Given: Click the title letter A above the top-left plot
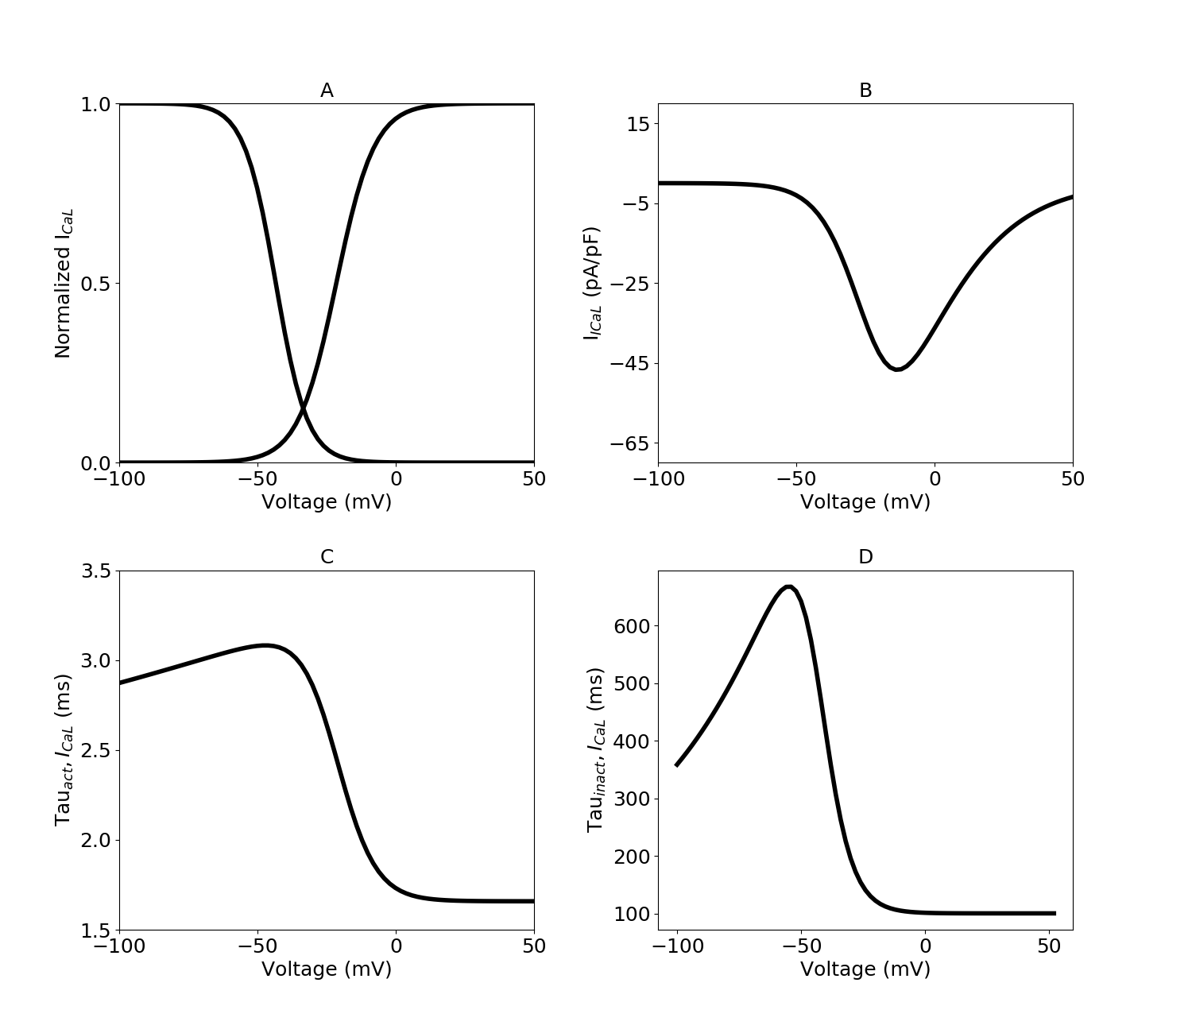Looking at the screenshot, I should click(x=327, y=91).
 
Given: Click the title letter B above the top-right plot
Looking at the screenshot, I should click(x=865, y=91).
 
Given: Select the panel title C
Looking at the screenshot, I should click(x=327, y=557).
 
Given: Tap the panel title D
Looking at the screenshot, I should click(x=865, y=557).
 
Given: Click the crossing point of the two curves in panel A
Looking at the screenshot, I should click(x=303, y=409).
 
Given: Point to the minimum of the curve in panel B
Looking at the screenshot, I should click(x=897, y=369).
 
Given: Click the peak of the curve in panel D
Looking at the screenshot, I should click(x=788, y=587).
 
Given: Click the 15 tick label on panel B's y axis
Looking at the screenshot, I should click(x=637, y=124).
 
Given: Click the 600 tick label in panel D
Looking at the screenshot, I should click(x=632, y=626).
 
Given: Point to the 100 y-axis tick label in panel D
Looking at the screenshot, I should click(x=632, y=914).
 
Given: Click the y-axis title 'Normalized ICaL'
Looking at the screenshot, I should click(x=64, y=284).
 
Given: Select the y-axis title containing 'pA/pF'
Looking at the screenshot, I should click(x=592, y=284).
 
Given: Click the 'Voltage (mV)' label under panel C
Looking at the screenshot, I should click(x=327, y=969).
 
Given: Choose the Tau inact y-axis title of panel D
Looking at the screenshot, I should click(x=597, y=750).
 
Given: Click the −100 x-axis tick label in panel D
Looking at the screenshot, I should click(x=677, y=946).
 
